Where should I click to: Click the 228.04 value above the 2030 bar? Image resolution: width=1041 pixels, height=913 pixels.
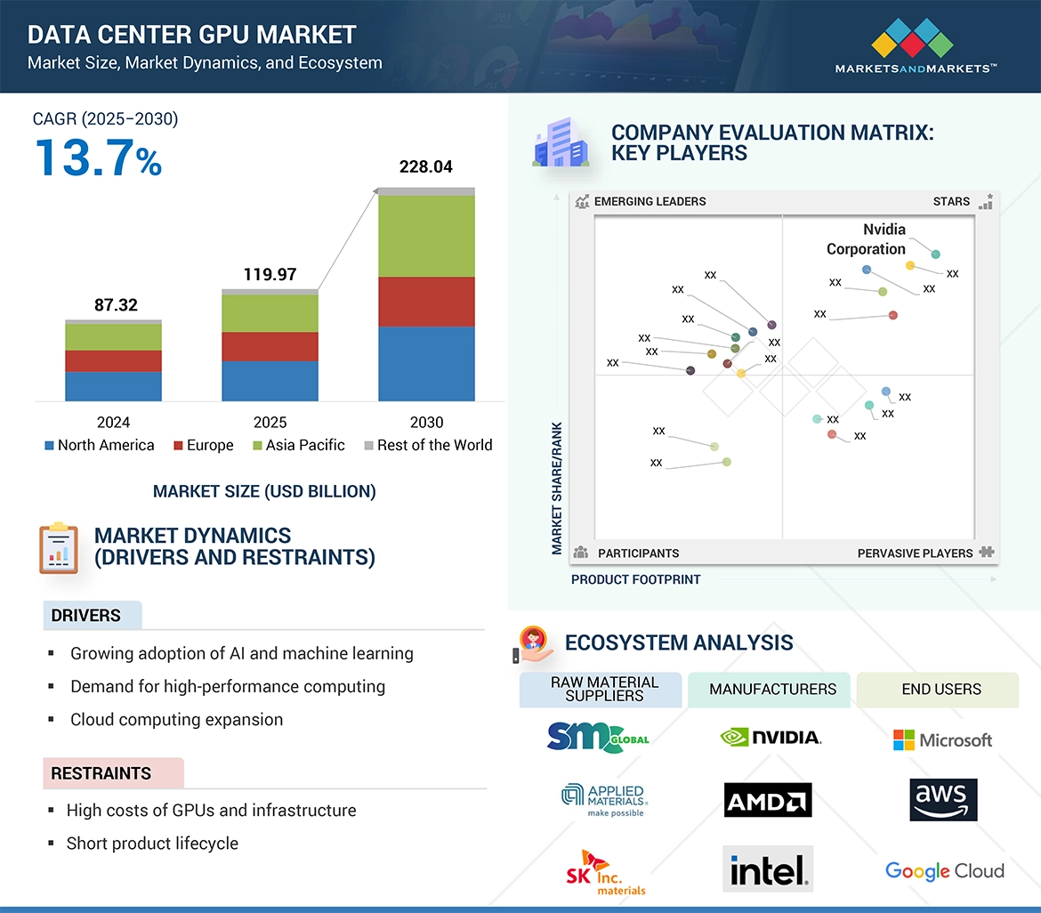426,167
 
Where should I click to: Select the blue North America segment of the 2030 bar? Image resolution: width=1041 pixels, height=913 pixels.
426,363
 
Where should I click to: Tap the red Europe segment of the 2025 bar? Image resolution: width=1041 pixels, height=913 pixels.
270,346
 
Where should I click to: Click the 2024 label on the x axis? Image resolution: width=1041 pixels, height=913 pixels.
113,423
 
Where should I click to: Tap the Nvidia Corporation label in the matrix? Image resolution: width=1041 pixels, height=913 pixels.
867,239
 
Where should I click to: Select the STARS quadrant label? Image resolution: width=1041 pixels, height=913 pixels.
951,201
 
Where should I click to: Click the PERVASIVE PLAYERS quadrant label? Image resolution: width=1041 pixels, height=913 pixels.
915,553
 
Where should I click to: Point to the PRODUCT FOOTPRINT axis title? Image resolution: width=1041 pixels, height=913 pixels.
635,579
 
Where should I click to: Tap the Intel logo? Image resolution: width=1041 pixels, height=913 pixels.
768,869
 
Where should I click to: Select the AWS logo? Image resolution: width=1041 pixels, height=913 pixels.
943,799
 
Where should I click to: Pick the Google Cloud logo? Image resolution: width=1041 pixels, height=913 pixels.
944,871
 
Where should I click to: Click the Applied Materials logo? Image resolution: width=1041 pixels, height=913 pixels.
603,800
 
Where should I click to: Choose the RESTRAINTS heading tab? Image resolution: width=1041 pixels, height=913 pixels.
101,773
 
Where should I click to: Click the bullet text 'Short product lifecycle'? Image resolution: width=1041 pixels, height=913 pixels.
152,844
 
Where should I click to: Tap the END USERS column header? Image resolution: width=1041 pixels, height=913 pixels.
941,690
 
